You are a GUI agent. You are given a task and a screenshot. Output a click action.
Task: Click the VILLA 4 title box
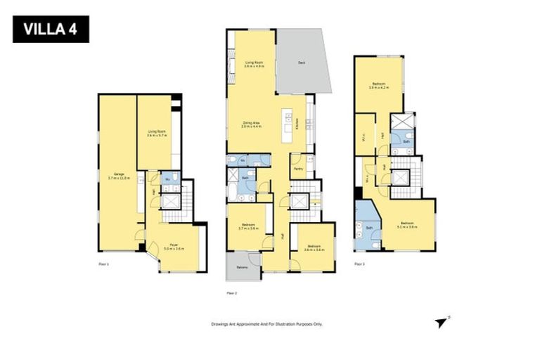pyautogui.click(x=51, y=30)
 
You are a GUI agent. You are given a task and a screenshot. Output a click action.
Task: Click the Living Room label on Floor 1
pyautogui.click(x=156, y=133)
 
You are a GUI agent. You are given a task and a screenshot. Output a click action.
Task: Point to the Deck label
pyautogui.click(x=301, y=63)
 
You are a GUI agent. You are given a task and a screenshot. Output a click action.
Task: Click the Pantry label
pyautogui.click(x=298, y=169)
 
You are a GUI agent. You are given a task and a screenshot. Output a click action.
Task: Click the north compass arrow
pyautogui.click(x=441, y=322)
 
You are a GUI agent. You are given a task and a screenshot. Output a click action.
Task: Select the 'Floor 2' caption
pyautogui.click(x=231, y=292)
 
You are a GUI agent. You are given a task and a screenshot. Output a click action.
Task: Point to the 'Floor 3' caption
pyautogui.click(x=359, y=264)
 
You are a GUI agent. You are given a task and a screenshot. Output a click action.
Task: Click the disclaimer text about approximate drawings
pyautogui.click(x=266, y=324)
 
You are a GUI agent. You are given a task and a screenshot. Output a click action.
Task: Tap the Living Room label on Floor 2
pyautogui.click(x=254, y=65)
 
